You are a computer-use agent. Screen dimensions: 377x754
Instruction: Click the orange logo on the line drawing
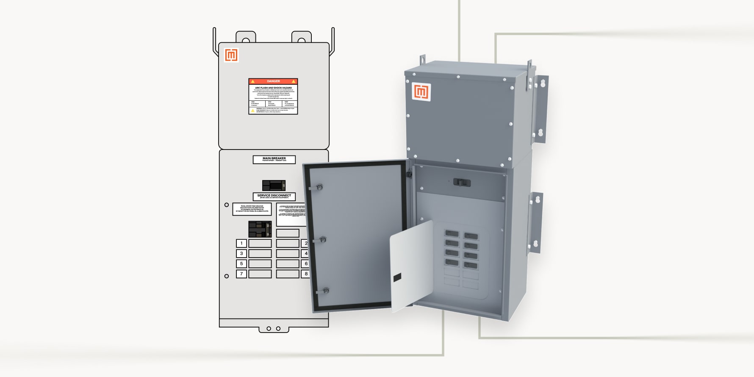point(231,55)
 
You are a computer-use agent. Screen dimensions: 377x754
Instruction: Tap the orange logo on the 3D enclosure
point(421,92)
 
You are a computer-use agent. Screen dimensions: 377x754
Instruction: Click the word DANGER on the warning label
point(273,81)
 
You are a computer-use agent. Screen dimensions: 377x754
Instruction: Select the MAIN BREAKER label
point(274,159)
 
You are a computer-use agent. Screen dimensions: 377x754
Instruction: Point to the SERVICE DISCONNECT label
point(274,196)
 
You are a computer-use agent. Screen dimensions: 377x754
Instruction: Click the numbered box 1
point(241,243)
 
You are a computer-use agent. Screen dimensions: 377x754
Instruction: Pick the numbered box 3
point(241,253)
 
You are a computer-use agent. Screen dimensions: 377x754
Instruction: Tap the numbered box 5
point(241,263)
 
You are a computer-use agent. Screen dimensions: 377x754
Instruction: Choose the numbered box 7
point(241,274)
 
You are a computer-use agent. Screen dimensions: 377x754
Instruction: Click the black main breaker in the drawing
point(274,185)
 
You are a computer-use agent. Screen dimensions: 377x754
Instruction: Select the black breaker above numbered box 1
point(260,229)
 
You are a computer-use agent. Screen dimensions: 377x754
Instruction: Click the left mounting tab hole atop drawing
point(246,41)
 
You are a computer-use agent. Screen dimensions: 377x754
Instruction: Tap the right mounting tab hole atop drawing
point(302,41)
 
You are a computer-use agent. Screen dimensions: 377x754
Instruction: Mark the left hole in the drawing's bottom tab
point(269,328)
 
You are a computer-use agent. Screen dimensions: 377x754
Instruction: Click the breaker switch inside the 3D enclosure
point(462,182)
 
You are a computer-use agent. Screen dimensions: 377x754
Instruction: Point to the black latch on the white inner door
point(397,277)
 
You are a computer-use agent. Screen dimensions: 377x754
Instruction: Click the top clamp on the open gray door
point(319,187)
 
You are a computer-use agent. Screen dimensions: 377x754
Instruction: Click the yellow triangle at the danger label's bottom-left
point(253,111)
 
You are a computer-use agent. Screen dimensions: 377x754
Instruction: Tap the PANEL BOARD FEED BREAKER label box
point(252,209)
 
